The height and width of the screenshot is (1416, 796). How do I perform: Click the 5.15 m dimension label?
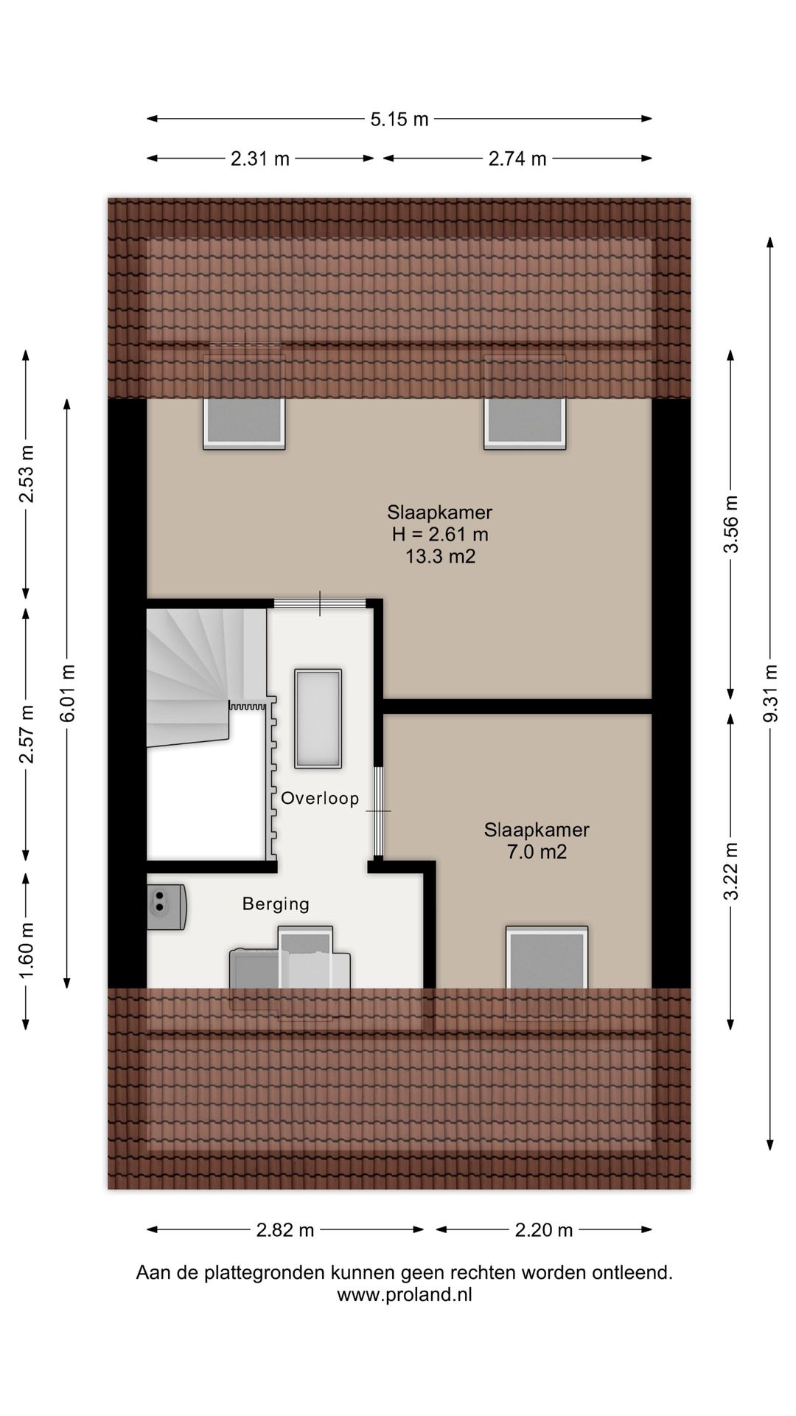(399, 119)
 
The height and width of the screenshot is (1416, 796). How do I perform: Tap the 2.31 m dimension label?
(260, 159)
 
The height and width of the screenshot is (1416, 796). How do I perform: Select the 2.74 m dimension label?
(517, 159)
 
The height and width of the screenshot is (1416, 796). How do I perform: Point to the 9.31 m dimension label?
(771, 694)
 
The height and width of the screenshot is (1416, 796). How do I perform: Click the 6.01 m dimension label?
(68, 693)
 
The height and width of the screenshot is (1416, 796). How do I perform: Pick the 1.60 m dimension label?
(27, 951)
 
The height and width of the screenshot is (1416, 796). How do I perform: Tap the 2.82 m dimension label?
(285, 1230)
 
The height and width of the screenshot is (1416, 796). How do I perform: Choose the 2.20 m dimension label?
(544, 1230)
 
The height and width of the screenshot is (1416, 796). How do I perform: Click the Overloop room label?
(320, 798)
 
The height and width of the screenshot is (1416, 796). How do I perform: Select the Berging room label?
(276, 904)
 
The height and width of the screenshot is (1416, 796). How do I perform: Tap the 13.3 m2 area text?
(441, 556)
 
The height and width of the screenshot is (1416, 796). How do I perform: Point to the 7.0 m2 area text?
(537, 853)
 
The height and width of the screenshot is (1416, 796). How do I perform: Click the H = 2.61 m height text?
(441, 534)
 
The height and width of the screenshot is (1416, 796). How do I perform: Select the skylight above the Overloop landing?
(318, 718)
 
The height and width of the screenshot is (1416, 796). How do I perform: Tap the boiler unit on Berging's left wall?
(167, 907)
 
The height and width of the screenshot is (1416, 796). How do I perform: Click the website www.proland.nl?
(405, 1294)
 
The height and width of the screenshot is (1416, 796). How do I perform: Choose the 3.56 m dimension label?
(730, 524)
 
